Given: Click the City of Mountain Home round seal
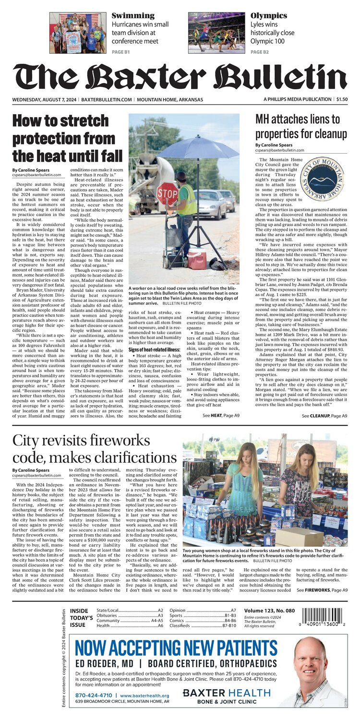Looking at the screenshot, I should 324,178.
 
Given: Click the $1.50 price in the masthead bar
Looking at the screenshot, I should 342,99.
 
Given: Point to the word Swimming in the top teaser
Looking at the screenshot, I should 133,16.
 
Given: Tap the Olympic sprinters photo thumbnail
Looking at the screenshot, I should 216,33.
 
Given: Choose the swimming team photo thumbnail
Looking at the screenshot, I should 77,33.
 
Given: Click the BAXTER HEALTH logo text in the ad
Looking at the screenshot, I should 227,692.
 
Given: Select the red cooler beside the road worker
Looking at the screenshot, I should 197,259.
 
